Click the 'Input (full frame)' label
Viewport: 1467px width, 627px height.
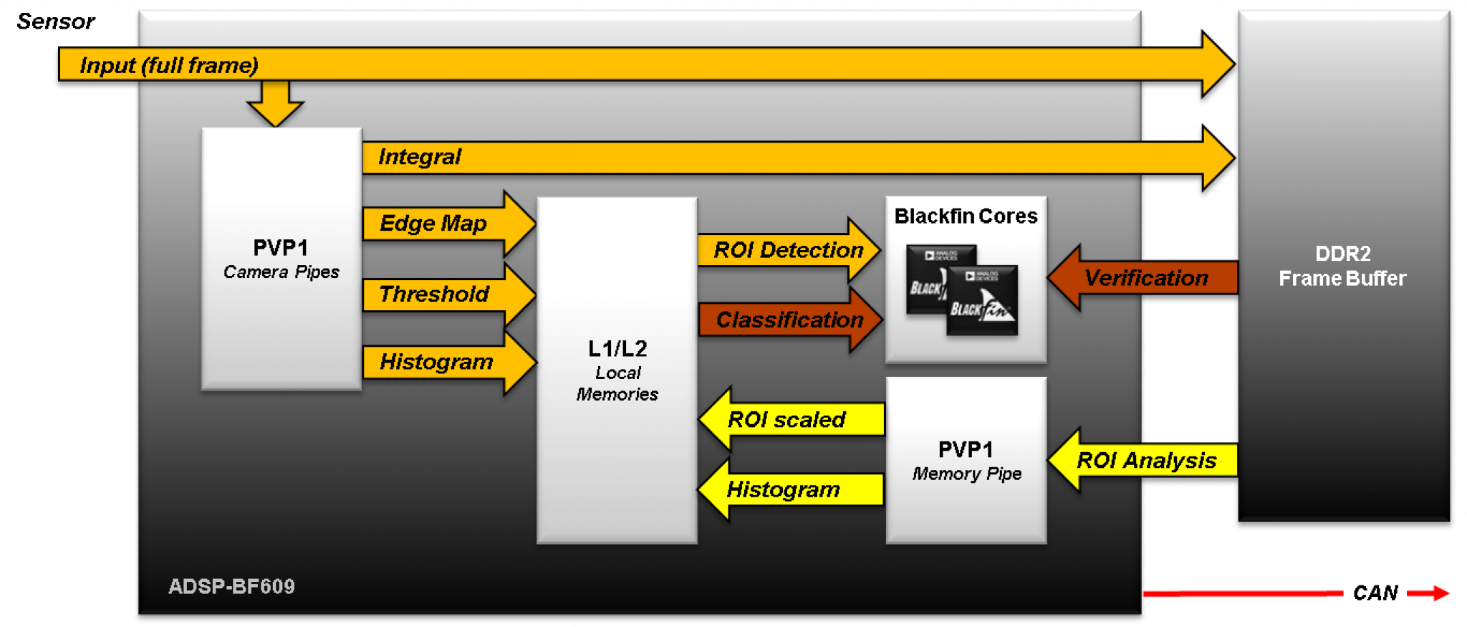coord(168,65)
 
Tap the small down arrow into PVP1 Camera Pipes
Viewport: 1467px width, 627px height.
coord(275,102)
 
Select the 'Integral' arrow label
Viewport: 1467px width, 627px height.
coord(420,157)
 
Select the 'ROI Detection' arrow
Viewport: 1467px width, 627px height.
coord(788,250)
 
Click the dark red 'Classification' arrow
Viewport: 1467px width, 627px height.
coord(789,320)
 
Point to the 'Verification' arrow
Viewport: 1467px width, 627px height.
coord(1146,278)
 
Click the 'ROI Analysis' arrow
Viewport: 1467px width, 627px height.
coord(1146,460)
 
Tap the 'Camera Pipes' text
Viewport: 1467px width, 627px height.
coord(281,272)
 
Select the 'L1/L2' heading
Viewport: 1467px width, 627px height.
coord(617,349)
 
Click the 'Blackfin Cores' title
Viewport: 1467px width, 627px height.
coord(966,216)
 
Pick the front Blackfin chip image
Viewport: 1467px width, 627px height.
coord(981,301)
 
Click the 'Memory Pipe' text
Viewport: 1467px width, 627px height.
coord(966,474)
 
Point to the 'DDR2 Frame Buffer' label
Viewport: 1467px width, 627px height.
coord(1342,266)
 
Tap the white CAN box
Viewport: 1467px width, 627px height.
coord(1375,593)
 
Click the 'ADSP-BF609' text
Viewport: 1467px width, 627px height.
coord(231,586)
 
